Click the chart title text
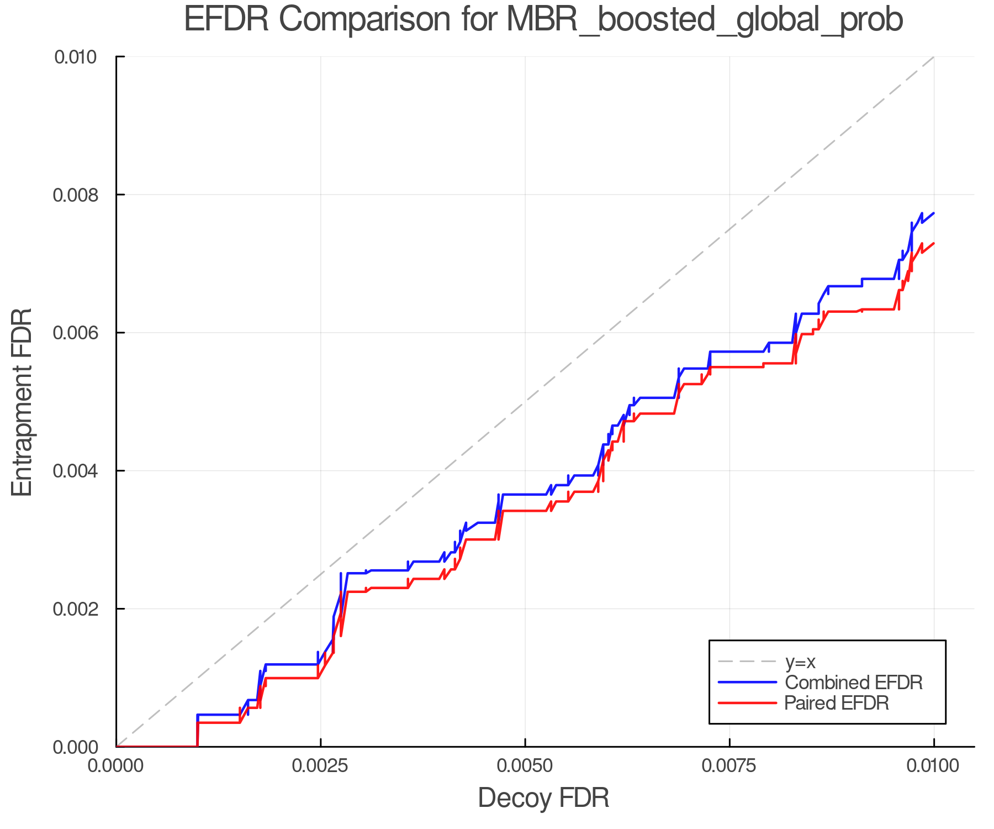pos(543,20)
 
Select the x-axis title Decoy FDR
pos(543,797)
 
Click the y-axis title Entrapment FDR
pos(23,402)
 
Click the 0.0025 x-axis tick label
pos(320,765)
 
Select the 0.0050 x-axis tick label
pos(525,765)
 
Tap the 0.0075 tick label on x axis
pos(729,765)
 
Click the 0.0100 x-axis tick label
pos(933,765)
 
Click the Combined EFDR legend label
pos(853,682)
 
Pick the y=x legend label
pos(800,662)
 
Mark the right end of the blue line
pos(933,213)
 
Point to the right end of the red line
pos(933,243)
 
